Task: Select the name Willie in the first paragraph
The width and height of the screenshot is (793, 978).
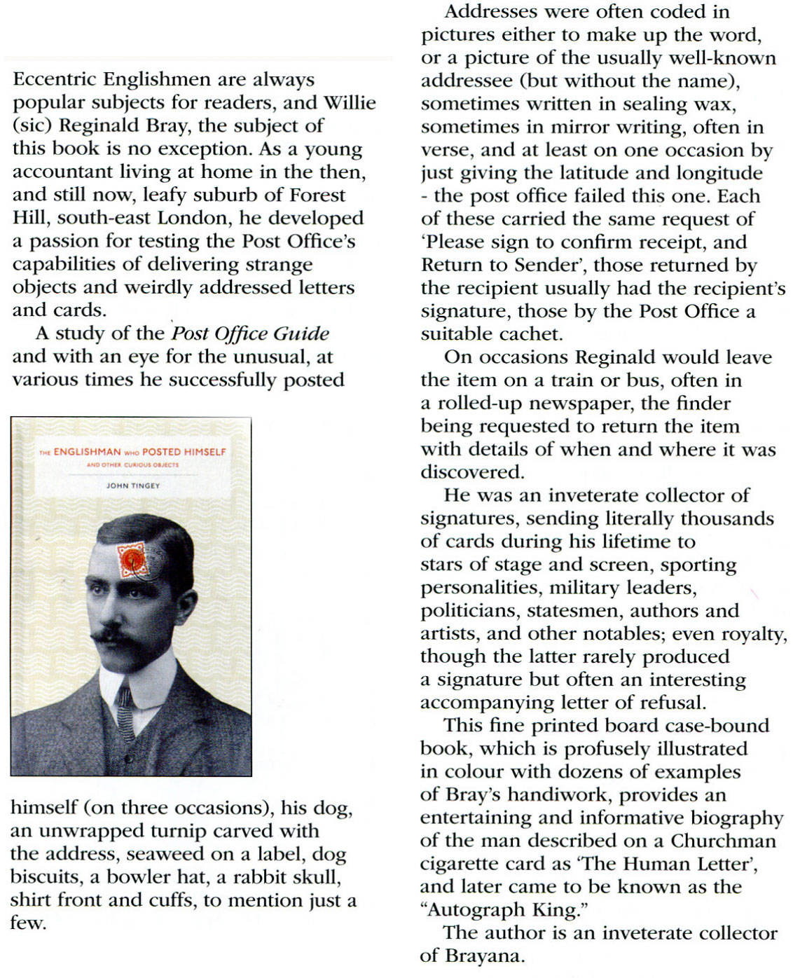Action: [x=350, y=103]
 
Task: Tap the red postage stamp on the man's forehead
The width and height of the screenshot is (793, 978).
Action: [x=133, y=560]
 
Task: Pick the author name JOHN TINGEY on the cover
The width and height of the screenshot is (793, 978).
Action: [x=132, y=485]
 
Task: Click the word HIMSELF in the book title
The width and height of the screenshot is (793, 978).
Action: [x=204, y=452]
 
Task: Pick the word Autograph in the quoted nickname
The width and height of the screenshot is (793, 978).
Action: [x=475, y=910]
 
